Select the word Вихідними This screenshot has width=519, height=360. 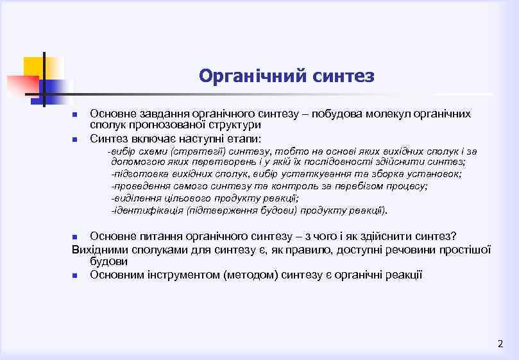coord(100,249)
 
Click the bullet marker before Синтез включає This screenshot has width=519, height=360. coord(74,139)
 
